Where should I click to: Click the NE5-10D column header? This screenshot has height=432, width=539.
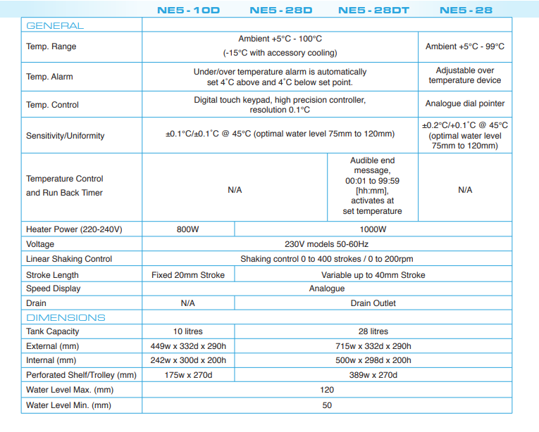click(x=187, y=11)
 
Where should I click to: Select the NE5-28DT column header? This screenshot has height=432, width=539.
click(x=373, y=11)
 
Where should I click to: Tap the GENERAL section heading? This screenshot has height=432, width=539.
click(x=54, y=26)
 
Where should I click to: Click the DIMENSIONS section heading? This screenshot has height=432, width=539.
click(x=66, y=317)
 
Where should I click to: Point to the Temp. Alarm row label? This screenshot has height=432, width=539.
click(x=49, y=77)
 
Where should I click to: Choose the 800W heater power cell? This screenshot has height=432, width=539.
click(x=187, y=229)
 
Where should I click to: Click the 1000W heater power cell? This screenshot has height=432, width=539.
click(x=373, y=229)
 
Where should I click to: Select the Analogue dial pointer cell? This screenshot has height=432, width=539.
click(x=465, y=104)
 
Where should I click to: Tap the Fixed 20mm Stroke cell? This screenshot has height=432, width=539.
click(x=187, y=275)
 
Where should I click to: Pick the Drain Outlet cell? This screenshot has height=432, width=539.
click(x=373, y=303)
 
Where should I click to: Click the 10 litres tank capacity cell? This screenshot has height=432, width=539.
click(x=187, y=331)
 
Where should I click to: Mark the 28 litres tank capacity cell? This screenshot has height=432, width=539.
click(x=373, y=331)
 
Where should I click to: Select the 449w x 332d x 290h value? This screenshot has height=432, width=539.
click(x=187, y=346)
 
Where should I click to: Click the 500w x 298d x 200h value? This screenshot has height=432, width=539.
click(x=373, y=360)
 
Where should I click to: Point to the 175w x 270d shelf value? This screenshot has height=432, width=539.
click(x=187, y=375)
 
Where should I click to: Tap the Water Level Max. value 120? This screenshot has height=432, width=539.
click(x=327, y=390)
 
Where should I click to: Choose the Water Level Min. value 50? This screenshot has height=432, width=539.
click(x=327, y=405)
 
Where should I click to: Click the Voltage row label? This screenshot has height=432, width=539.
click(x=40, y=244)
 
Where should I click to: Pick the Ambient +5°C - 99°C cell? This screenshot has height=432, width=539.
click(x=465, y=46)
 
